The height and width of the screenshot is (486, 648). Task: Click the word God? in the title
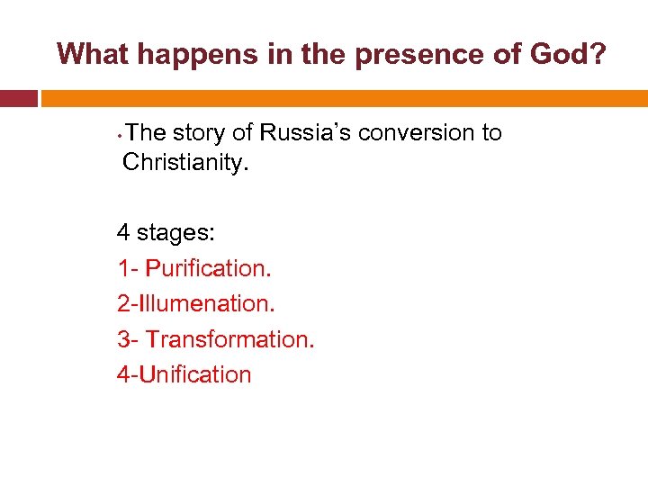click(566, 54)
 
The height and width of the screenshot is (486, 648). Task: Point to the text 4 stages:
click(166, 233)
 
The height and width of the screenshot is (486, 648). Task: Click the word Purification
click(208, 268)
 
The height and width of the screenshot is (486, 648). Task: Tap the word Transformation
click(229, 339)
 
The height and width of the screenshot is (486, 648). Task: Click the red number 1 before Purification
click(122, 268)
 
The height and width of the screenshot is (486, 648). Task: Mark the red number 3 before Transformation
click(123, 339)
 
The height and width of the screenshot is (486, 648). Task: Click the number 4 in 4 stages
click(123, 233)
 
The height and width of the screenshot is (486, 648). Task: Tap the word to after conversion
click(491, 133)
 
